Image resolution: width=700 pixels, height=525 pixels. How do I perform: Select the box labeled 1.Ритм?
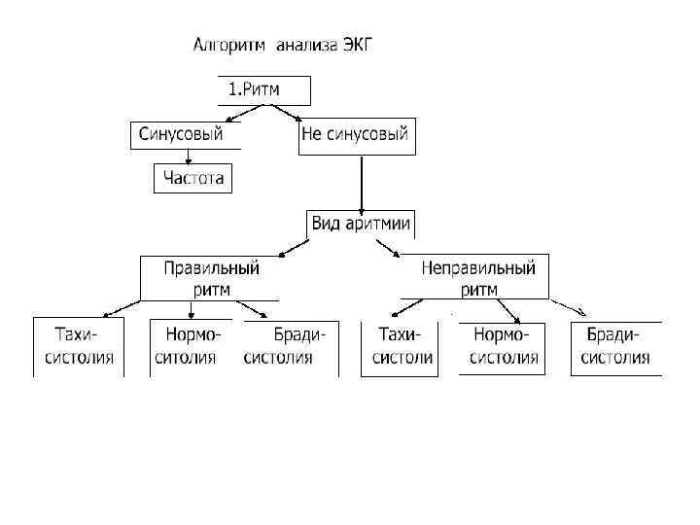tap(263, 89)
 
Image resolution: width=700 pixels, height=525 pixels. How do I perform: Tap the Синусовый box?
tap(183, 134)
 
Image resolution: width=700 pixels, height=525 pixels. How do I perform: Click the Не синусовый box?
tap(357, 135)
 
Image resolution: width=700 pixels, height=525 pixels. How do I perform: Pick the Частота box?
tap(193, 178)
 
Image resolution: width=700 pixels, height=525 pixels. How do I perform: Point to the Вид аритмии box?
tap(361, 224)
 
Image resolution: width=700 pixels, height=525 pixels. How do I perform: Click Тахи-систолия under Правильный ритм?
tap(79, 346)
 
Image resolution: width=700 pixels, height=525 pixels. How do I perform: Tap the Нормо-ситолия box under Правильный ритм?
tap(192, 346)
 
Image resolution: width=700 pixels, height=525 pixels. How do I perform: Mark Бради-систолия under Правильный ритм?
tap(289, 346)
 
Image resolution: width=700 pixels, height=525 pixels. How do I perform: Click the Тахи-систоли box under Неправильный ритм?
tap(400, 346)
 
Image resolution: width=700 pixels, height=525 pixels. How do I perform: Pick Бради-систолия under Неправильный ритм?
tap(617, 346)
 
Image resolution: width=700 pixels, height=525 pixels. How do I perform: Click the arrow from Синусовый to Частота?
tap(188, 157)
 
